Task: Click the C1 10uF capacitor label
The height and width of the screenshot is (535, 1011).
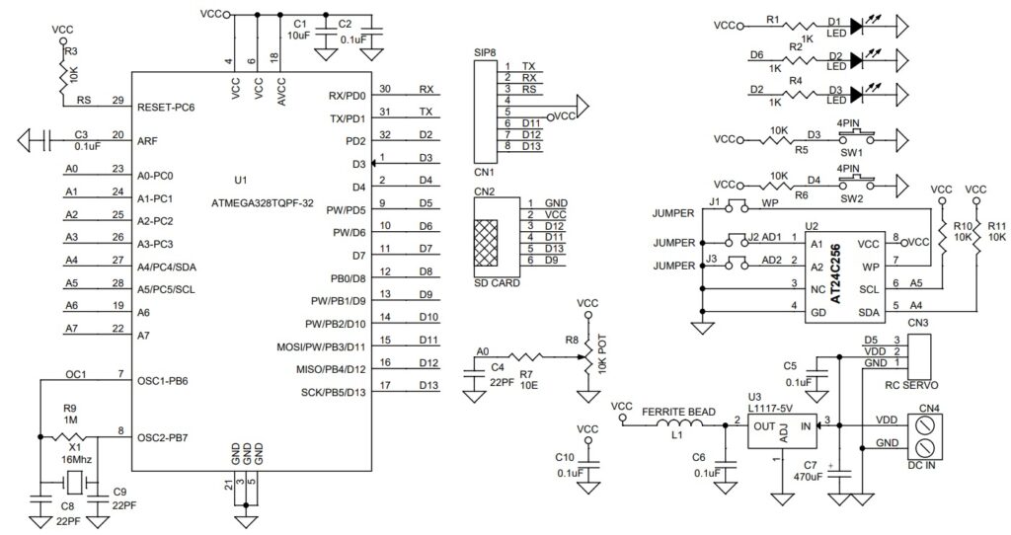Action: point(301,29)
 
